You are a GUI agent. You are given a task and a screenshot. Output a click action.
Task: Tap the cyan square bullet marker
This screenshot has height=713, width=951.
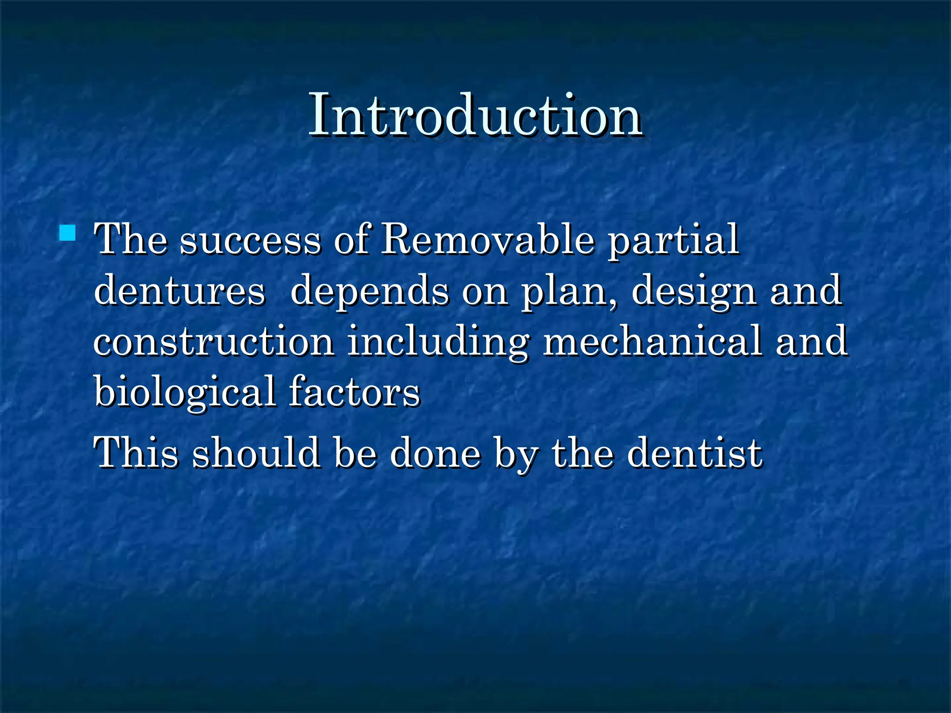(68, 233)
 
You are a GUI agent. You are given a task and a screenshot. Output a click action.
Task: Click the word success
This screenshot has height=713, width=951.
(250, 240)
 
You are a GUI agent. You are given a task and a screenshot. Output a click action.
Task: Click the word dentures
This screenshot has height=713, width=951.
(179, 291)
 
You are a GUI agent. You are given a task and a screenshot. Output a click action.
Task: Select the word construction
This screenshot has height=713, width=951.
(214, 342)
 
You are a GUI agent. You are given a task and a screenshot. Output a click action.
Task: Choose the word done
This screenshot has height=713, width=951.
(436, 453)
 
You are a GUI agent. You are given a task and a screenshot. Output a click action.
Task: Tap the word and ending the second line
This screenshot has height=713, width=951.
(806, 291)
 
